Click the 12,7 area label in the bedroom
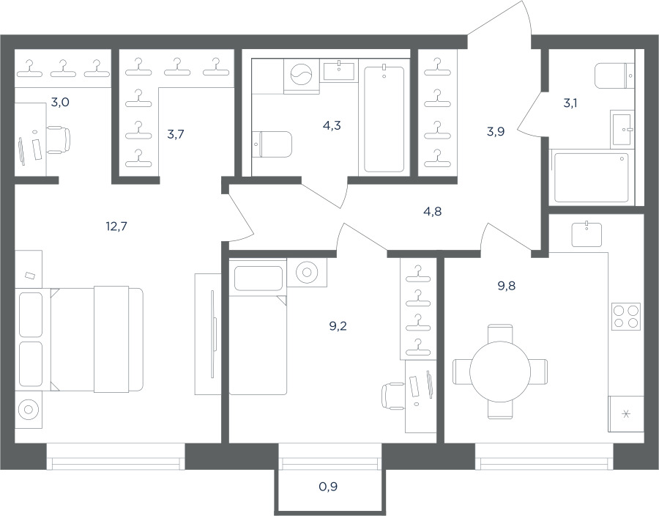tap(116, 226)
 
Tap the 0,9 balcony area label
tap(328, 487)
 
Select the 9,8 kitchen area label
tap(507, 286)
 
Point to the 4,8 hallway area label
tap(433, 211)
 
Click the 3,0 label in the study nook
tap(60, 102)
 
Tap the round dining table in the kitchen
tap(500, 372)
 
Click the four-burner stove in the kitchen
tap(626, 316)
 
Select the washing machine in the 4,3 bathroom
tap(302, 76)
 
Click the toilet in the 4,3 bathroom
tap(272, 144)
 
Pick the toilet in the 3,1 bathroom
tap(614, 75)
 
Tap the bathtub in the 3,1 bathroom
tap(592, 177)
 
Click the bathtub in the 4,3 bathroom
tap(384, 118)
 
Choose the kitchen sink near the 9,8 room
tap(587, 235)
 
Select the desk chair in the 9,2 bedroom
tap(394, 396)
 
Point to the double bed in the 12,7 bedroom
tap(97, 339)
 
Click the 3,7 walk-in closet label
tap(175, 135)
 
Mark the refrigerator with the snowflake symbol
tap(626, 414)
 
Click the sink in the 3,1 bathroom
tap(622, 130)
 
